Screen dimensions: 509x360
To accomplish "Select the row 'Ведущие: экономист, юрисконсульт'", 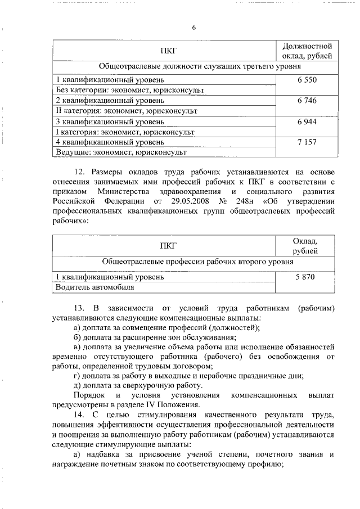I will (121, 152).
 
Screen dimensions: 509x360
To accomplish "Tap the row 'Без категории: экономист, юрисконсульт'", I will (129, 90).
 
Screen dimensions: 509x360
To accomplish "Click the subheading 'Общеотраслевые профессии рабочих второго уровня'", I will (197, 262).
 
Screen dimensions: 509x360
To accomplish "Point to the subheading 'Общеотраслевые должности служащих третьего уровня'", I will (197, 66).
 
